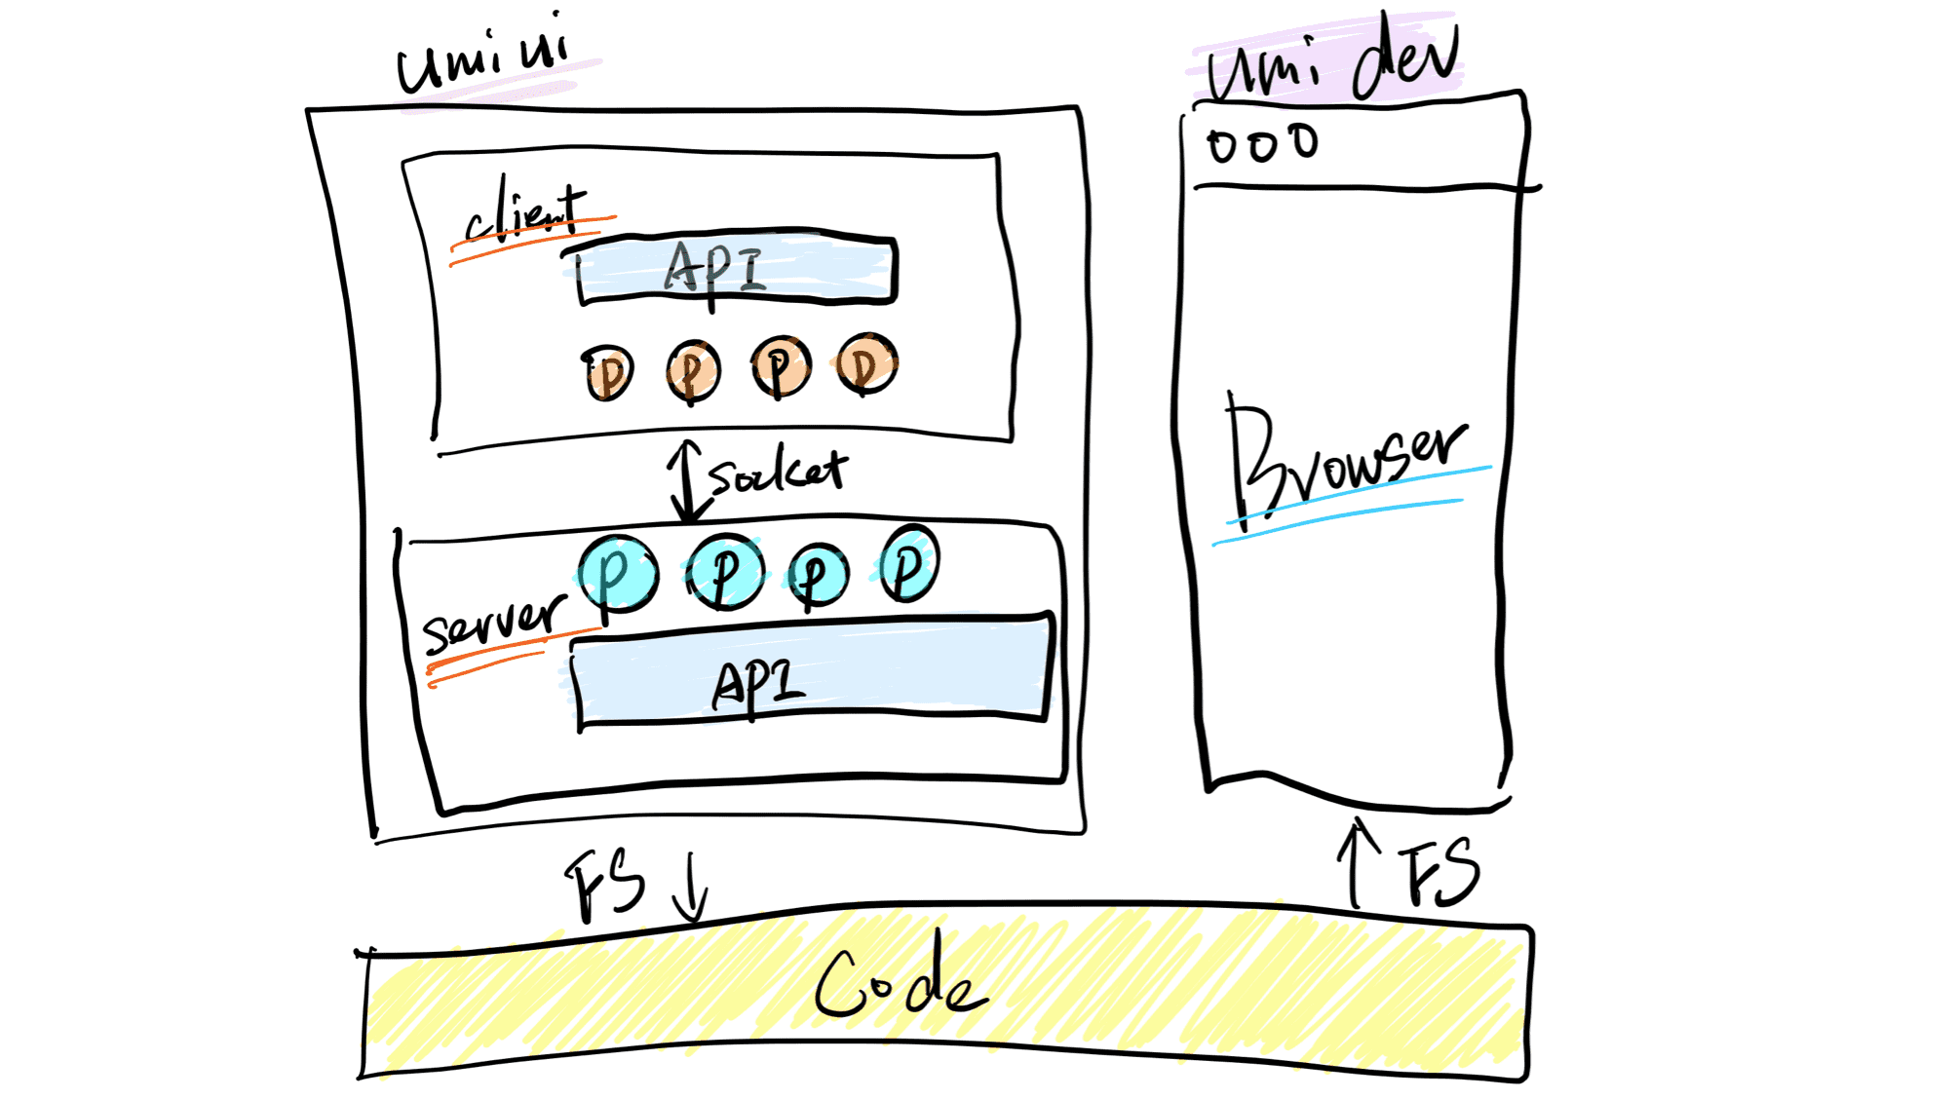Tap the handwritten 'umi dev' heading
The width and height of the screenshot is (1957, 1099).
(x=1333, y=61)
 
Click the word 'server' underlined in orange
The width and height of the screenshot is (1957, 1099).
(x=493, y=622)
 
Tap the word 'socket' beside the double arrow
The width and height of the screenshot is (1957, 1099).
(x=778, y=472)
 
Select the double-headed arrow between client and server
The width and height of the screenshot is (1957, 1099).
(x=687, y=481)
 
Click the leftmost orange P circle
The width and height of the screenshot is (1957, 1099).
(x=609, y=372)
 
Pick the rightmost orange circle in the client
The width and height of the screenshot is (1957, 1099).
(x=866, y=364)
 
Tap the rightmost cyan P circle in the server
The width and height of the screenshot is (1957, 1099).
(x=908, y=563)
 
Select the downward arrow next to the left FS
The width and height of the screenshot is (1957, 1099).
(x=691, y=888)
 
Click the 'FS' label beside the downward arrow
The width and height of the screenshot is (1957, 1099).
(x=605, y=884)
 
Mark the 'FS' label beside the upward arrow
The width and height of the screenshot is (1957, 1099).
(x=1439, y=873)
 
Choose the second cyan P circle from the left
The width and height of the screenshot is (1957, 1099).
(x=725, y=572)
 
